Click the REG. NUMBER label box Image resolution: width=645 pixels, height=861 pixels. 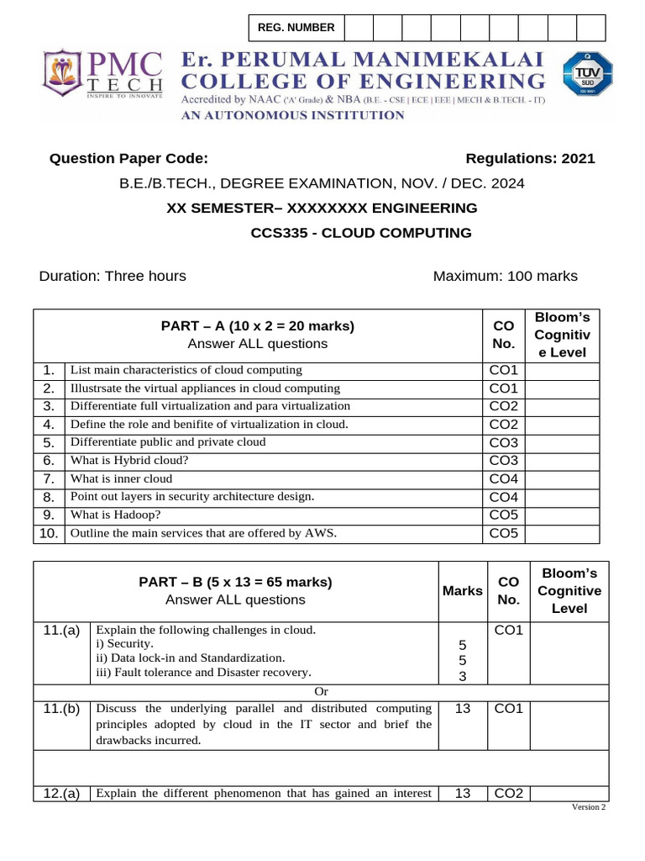click(296, 28)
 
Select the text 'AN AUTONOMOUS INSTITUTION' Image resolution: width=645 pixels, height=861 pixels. click(294, 115)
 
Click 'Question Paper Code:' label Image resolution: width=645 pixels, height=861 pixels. click(128, 159)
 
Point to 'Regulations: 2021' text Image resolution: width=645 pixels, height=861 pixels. click(530, 159)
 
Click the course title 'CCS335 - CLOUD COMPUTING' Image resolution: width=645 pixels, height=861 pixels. click(361, 233)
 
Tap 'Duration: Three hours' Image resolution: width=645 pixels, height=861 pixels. click(113, 277)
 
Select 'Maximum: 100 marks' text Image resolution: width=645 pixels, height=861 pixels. click(505, 277)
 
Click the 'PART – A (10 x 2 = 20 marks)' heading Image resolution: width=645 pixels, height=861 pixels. click(258, 326)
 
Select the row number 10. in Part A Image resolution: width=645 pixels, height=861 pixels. click(49, 533)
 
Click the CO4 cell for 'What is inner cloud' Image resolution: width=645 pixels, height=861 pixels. click(504, 478)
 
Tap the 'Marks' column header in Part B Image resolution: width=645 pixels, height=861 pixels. click(462, 591)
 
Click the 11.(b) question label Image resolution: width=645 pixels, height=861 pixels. click(61, 709)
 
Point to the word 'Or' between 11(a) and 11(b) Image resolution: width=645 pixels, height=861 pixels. click(321, 691)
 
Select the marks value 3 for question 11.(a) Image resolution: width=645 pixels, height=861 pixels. click(462, 676)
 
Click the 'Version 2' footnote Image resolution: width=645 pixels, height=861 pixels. click(588, 807)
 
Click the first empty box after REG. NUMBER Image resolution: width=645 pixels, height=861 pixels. click(359, 28)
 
